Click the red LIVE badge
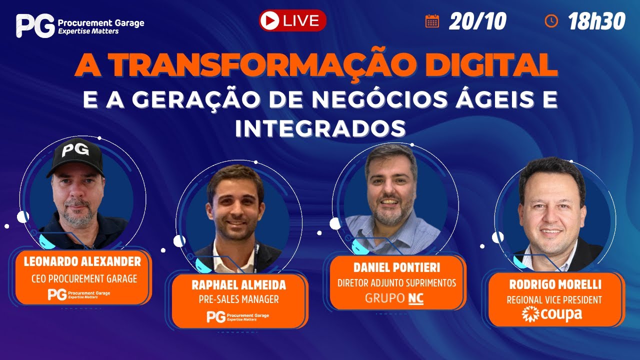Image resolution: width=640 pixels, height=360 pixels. coord(292,20)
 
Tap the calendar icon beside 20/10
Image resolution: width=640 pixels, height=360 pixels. coord(432,20)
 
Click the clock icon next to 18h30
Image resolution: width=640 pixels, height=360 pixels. coord(551,20)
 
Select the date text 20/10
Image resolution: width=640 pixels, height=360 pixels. coord(477,21)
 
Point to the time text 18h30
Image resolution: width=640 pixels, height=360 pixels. coord(596,21)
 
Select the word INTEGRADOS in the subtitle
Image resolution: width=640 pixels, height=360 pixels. coord(320,127)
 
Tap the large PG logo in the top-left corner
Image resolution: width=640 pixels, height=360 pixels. coord(34,25)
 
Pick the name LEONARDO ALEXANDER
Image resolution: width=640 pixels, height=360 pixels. coord(82,262)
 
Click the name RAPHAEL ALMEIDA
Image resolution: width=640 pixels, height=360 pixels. coord(239,285)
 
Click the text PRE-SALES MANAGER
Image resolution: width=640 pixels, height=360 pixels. coord(239,300)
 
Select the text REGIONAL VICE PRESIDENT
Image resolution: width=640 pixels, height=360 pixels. coord(554,300)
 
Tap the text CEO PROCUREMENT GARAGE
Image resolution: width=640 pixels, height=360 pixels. coord(84,279)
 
